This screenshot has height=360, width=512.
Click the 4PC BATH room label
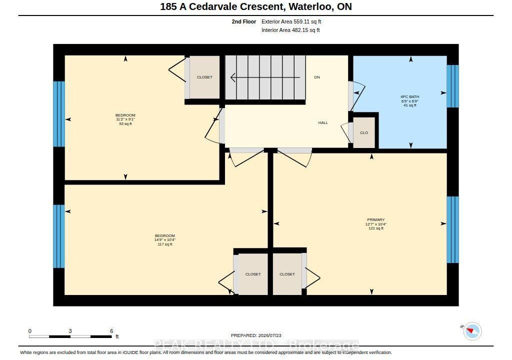(x=410, y=96)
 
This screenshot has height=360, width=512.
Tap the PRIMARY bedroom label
(x=376, y=220)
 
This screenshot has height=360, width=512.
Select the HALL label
(x=323, y=123)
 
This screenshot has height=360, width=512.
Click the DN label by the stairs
(x=317, y=77)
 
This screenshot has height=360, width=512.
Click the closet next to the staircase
(x=204, y=77)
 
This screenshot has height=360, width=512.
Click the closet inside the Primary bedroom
(x=287, y=274)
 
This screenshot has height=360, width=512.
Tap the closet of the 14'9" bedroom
(x=253, y=274)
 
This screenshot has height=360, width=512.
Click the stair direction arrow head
(x=233, y=77)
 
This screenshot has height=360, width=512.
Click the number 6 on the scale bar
(x=111, y=331)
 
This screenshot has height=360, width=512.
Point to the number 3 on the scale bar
(x=70, y=331)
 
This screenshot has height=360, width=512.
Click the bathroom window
(x=452, y=86)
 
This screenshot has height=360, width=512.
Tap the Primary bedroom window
(x=452, y=229)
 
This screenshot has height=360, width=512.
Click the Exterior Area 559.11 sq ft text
(x=291, y=22)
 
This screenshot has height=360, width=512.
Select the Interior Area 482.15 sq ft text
(x=290, y=30)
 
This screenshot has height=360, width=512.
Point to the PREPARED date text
(x=256, y=335)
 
